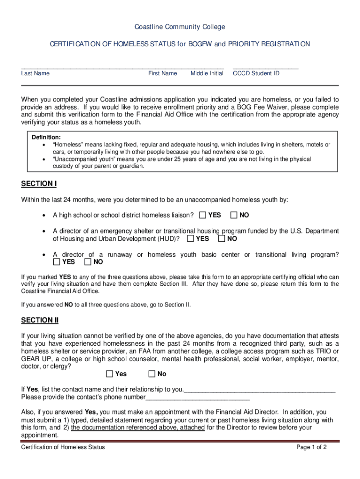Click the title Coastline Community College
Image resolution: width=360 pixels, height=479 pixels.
pos(180,27)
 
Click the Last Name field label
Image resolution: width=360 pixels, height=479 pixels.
pos(36,73)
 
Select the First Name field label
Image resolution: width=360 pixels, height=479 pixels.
pos(163,73)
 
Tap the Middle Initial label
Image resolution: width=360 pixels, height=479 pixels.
pos(207,73)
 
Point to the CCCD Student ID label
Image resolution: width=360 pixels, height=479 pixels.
pos(256,73)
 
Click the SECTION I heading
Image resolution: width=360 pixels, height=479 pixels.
pos(39,184)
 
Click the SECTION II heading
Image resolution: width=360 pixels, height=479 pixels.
pos(40,320)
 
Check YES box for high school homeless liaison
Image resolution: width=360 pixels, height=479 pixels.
pos(202,215)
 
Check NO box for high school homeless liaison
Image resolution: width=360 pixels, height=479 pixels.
pos(234,215)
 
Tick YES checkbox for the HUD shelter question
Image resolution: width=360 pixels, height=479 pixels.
pos(190,239)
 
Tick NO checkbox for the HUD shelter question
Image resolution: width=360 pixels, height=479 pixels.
pos(222,239)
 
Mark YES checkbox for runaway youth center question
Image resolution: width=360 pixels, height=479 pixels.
pos(57,262)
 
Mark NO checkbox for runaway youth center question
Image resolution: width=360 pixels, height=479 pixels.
pos(88,262)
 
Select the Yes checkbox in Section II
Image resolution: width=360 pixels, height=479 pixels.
pos(109,374)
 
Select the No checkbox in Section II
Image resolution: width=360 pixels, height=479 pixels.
pos(151,374)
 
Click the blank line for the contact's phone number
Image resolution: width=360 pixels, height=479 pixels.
pos(198,398)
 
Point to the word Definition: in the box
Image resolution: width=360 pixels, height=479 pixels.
pos(46,138)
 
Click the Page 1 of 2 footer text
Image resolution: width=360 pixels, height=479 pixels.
pos(311,447)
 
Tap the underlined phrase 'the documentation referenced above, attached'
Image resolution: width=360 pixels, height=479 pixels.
pos(137,428)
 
